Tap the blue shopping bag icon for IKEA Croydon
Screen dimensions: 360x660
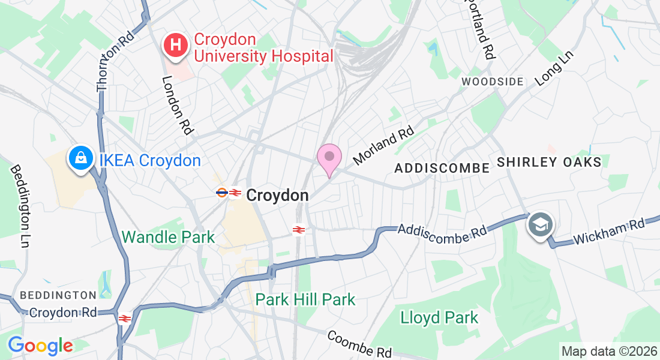pyautogui.click(x=80, y=159)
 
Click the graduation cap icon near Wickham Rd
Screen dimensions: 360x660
pyautogui.click(x=540, y=226)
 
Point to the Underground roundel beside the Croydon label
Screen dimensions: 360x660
pyautogui.click(x=221, y=193)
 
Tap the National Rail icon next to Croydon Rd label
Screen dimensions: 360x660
pyautogui.click(x=125, y=319)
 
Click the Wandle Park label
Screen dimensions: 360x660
pyautogui.click(x=168, y=237)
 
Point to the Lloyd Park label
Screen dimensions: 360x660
pyautogui.click(x=440, y=317)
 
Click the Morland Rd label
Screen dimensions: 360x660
pyautogui.click(x=384, y=145)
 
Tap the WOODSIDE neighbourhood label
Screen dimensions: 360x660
pyautogui.click(x=493, y=81)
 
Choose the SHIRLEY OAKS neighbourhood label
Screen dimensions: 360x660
pyautogui.click(x=549, y=163)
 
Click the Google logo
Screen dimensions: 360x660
pyautogui.click(x=40, y=346)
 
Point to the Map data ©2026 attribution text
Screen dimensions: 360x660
pyautogui.click(x=608, y=351)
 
